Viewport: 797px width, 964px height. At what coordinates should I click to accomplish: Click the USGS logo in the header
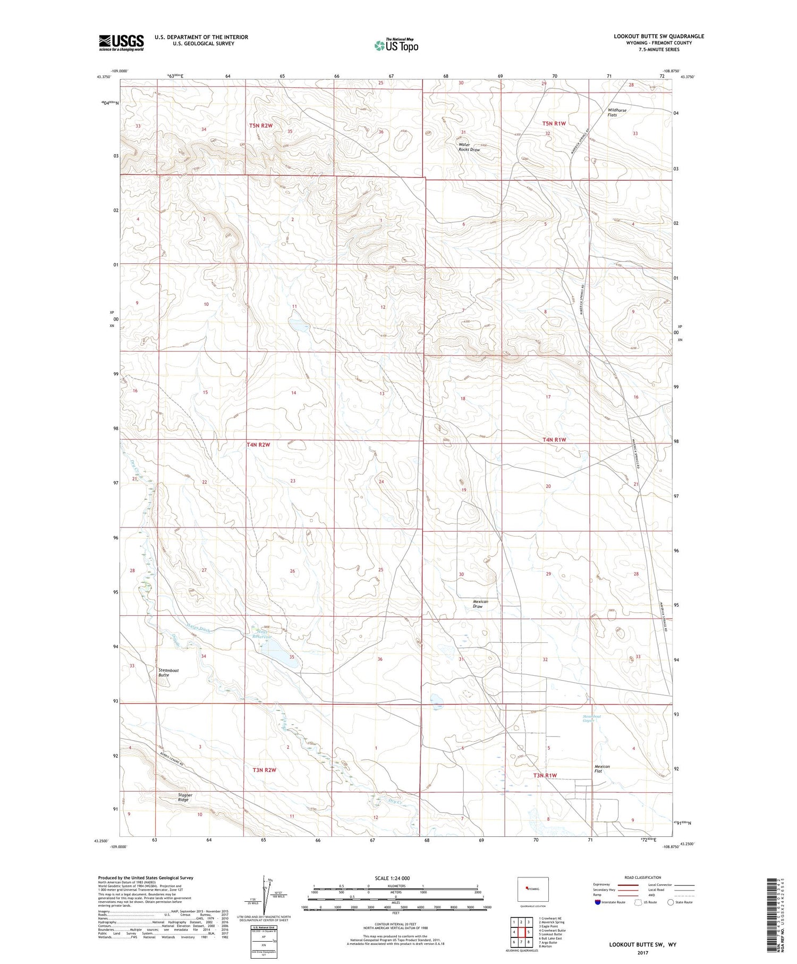121,43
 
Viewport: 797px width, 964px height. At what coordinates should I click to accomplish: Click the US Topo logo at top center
396,45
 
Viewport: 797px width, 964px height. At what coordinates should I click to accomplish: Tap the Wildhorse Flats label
617,112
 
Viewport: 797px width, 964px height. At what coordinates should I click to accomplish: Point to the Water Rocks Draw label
469,147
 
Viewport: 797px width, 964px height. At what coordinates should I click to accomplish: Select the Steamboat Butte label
168,673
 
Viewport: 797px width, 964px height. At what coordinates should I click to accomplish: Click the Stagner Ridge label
183,798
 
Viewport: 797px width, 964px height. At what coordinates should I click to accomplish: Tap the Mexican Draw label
480,603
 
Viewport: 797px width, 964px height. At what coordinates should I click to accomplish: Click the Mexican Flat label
602,769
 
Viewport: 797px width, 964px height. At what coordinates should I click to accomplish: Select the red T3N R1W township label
545,776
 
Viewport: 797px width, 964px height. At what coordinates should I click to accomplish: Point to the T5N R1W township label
554,123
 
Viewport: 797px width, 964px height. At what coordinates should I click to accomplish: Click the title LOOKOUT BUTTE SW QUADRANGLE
659,36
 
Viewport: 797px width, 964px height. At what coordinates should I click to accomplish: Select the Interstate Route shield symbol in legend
598,902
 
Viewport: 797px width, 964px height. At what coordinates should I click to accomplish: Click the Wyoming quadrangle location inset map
532,889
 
